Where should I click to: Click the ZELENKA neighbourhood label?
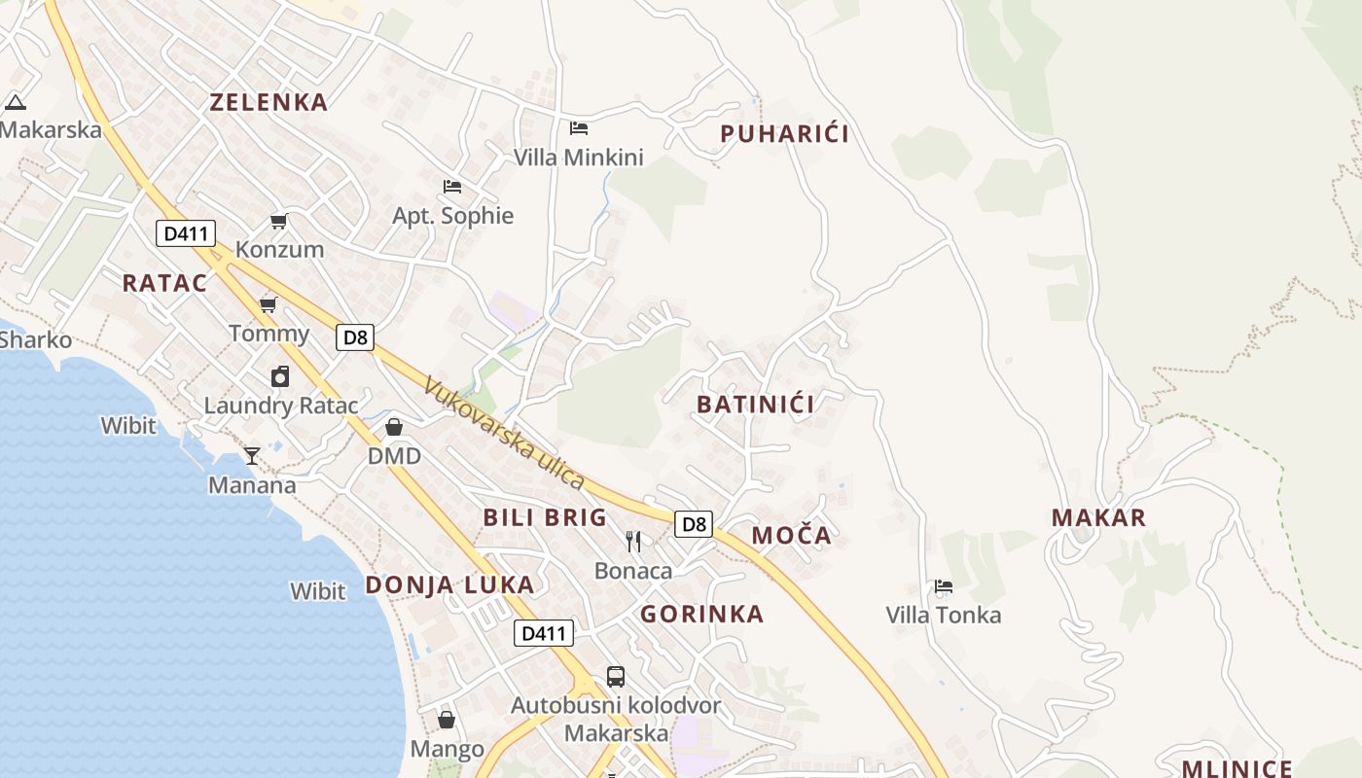269,102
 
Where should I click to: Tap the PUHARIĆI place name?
784,134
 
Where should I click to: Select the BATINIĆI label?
755,404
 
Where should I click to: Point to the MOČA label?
792,535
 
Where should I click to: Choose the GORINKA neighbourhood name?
701,614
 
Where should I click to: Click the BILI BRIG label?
545,517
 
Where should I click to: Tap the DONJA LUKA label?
449,584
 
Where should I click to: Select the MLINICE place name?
1237,769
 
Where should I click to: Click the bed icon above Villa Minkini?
579,128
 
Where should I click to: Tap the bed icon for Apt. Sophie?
452,186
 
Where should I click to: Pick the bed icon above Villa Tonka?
943,586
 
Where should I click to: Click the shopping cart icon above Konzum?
279,221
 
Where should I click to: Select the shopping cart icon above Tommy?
269,305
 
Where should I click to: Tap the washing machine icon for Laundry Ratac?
280,376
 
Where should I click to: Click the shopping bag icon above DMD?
394,427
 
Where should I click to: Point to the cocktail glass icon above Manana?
252,455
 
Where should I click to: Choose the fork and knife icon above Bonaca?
633,541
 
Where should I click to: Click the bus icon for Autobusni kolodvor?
616,676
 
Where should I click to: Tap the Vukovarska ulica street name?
504,434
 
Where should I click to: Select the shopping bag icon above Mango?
447,720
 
